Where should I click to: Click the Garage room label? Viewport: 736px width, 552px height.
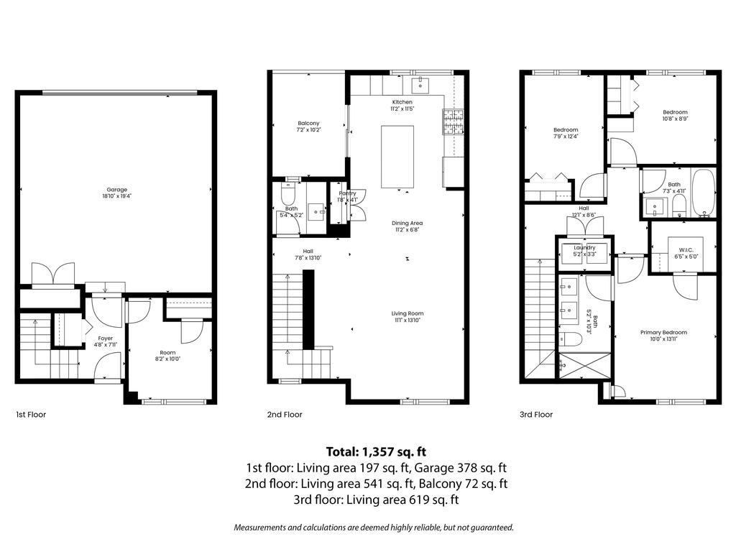[116, 190]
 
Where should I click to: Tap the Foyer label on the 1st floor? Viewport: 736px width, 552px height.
[106, 338]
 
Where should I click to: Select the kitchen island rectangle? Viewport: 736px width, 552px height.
[397, 156]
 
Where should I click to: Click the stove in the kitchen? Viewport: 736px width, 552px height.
[454, 121]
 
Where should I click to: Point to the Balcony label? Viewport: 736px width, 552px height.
[308, 123]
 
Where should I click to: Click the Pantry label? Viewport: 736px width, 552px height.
[347, 193]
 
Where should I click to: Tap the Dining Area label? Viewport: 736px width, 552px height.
[407, 223]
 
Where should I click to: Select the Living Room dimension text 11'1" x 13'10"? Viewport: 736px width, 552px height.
[407, 320]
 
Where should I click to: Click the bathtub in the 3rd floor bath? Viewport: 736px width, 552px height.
[702, 192]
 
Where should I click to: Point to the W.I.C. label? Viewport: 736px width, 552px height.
[684, 249]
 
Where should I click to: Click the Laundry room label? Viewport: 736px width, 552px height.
[584, 247]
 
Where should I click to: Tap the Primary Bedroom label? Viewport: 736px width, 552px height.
[663, 332]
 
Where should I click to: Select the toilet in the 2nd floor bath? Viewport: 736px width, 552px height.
[288, 194]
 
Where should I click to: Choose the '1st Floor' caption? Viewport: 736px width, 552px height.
[31, 415]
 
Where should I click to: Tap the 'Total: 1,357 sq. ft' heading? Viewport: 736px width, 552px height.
[376, 452]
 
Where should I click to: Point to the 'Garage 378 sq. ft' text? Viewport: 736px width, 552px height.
[468, 468]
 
